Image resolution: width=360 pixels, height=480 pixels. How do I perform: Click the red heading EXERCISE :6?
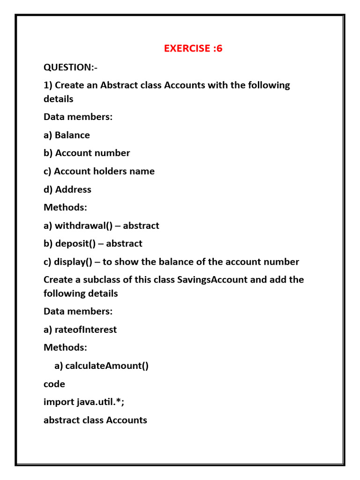193,48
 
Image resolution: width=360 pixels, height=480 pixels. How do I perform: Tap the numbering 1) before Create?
48,85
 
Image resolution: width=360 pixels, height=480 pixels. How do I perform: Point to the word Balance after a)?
72,135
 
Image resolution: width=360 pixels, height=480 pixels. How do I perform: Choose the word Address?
73,189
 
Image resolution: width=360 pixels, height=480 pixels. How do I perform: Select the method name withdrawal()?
84,225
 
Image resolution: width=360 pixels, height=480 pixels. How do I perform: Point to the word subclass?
99,279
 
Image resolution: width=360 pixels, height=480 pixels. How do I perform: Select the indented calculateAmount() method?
107,366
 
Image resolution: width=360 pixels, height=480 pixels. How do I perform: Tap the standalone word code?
54,384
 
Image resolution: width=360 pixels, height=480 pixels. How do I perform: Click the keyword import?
59,402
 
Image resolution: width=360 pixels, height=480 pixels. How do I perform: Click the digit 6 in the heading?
219,48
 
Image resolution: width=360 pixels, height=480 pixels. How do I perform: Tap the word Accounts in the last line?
127,420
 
